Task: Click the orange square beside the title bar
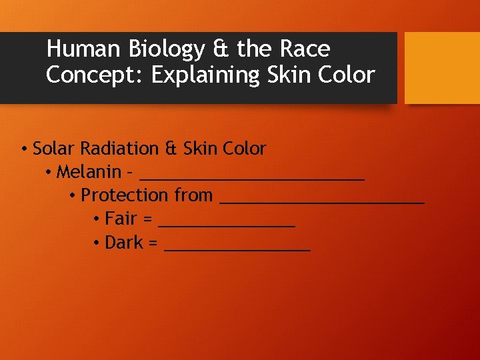click(442, 67)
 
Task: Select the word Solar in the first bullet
click(53, 149)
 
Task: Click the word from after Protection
click(193, 196)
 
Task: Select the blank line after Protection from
click(322, 201)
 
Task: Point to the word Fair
click(120, 219)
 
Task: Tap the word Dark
click(124, 243)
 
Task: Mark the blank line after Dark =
click(237, 249)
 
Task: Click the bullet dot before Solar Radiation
click(23, 149)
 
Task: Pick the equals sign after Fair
click(147, 219)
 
